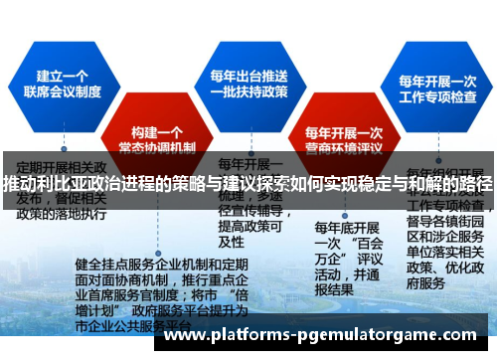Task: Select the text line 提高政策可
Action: point(245,226)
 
